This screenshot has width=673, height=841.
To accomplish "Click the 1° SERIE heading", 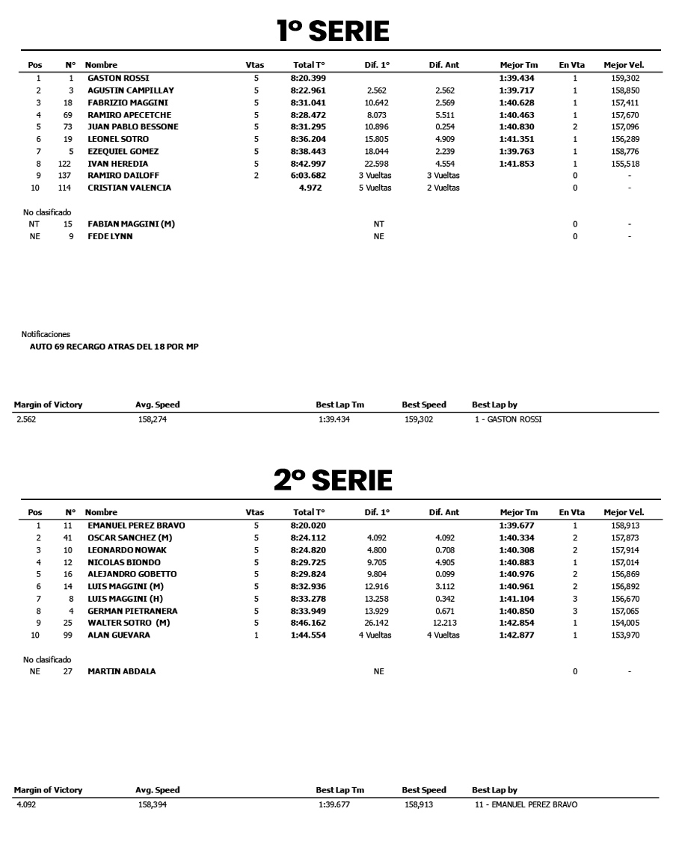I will click(333, 31).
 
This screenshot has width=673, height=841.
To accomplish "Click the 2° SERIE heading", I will click(333, 481).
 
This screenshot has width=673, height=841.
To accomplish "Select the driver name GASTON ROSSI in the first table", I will click(118, 78).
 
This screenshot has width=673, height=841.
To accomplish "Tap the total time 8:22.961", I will click(309, 90).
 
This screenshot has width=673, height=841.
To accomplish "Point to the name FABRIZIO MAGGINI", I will click(128, 102).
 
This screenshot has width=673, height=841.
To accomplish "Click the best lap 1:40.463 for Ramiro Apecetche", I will click(518, 115).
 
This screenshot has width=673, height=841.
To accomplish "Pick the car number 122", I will click(66, 164).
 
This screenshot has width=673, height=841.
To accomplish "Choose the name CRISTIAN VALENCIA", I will click(129, 188).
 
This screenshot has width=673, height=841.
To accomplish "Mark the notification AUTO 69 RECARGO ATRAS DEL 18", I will click(114, 347).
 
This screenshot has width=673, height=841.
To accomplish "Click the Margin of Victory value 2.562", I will click(25, 419).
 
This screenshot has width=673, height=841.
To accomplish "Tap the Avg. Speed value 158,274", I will click(153, 419).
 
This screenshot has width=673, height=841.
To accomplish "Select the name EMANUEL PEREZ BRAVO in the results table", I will click(136, 526).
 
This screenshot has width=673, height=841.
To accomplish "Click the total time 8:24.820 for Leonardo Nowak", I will click(309, 550).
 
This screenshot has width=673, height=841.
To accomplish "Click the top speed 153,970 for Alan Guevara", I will click(623, 635).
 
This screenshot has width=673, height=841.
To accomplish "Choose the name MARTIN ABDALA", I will click(122, 671).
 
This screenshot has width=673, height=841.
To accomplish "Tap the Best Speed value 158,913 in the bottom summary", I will click(418, 805).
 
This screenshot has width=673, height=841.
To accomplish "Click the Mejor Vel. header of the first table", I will click(623, 65).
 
